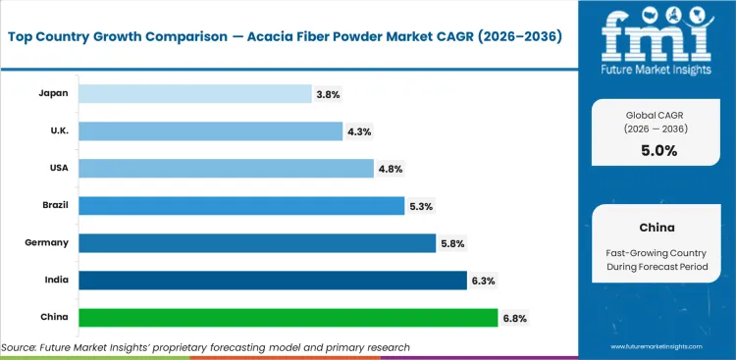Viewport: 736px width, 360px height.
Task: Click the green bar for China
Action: [x=288, y=318]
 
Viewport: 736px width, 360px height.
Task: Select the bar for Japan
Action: [x=194, y=94]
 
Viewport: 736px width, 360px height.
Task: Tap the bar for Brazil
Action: [x=241, y=206]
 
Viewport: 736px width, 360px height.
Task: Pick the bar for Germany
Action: [x=257, y=243]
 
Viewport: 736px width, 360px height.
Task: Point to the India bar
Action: [x=273, y=281]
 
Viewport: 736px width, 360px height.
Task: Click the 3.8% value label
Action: [x=329, y=94]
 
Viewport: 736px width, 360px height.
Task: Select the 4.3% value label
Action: [x=359, y=131]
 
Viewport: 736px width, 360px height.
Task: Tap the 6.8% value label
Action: [x=515, y=318]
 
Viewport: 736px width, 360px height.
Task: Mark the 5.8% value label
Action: [x=453, y=243]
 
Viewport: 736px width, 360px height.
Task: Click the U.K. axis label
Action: [x=55, y=131]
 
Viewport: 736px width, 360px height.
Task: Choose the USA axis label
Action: [x=56, y=169]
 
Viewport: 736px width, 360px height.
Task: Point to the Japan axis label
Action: [x=53, y=94]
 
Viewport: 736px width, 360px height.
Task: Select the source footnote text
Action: [x=206, y=347]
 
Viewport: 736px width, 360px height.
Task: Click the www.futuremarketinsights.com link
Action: [x=658, y=347]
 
